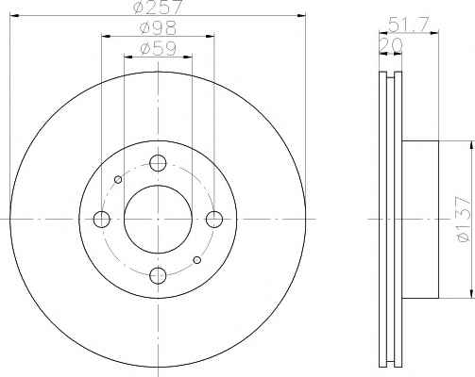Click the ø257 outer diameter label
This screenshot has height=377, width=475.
tap(158, 7)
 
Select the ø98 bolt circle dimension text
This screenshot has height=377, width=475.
tap(158, 28)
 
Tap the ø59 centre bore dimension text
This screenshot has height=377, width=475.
tap(158, 49)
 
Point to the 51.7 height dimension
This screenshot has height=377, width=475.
tap(408, 25)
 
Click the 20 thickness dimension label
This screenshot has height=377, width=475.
tap(390, 45)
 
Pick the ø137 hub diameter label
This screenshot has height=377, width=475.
tap(464, 220)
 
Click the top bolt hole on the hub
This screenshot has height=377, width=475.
tap(158, 163)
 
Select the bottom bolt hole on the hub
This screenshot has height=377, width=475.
tap(158, 275)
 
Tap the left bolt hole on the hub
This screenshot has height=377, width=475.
tap(102, 220)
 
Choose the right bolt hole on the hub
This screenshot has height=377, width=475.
tap(214, 220)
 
